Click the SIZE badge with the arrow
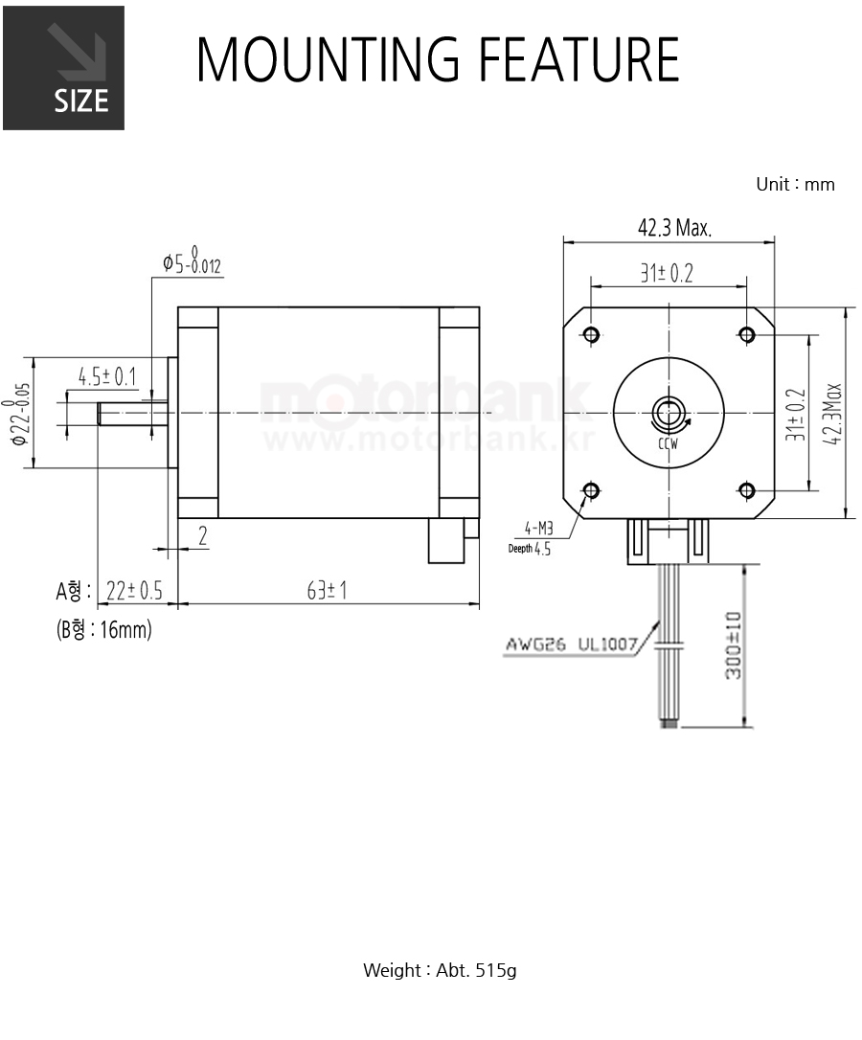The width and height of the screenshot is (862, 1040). (64, 68)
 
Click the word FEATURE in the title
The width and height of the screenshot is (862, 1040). (578, 59)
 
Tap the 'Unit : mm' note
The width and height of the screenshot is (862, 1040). (795, 185)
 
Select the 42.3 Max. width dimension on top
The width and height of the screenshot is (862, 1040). (674, 228)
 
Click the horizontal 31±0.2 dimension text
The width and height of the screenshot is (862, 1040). (667, 273)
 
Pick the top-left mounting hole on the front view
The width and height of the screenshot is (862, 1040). (592, 333)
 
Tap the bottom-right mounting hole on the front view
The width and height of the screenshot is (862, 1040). (747, 491)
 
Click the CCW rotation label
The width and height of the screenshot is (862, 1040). (669, 443)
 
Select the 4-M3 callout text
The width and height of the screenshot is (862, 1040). (539, 528)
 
